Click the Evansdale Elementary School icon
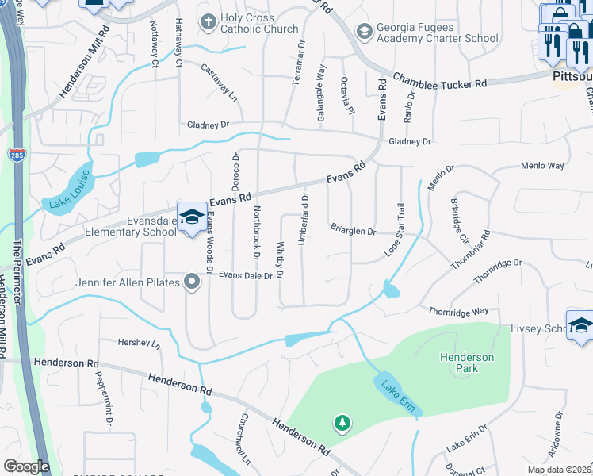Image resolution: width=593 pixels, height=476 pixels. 192,217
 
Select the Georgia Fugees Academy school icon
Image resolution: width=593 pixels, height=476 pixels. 365,31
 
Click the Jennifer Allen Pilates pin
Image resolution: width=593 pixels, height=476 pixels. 192,282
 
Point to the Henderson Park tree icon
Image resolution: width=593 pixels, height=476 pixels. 342,423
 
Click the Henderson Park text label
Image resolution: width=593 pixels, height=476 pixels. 467,363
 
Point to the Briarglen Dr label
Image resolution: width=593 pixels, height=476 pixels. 353,231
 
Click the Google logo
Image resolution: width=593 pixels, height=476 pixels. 26,466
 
